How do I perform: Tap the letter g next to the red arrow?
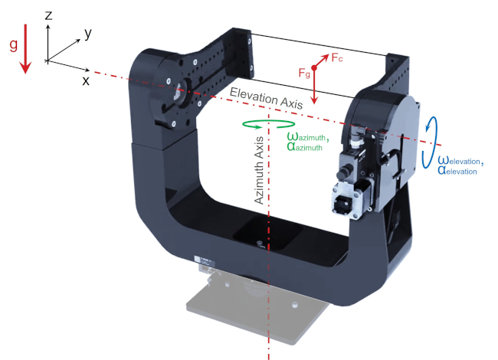13,44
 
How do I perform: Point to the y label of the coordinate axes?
89,33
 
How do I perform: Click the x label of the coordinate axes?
85,79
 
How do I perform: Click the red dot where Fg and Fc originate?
314,69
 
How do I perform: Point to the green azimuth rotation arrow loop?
268,123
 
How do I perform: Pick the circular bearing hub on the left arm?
182,94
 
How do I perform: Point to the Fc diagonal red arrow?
323,61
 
